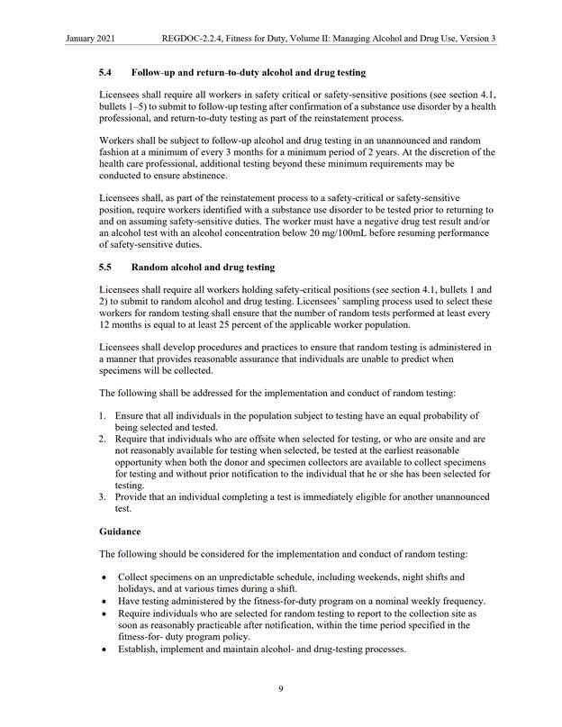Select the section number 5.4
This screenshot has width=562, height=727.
[105, 71]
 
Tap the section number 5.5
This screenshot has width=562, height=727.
[105, 268]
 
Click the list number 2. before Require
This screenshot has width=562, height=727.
[103, 438]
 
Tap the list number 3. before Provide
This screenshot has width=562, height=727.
[103, 496]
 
